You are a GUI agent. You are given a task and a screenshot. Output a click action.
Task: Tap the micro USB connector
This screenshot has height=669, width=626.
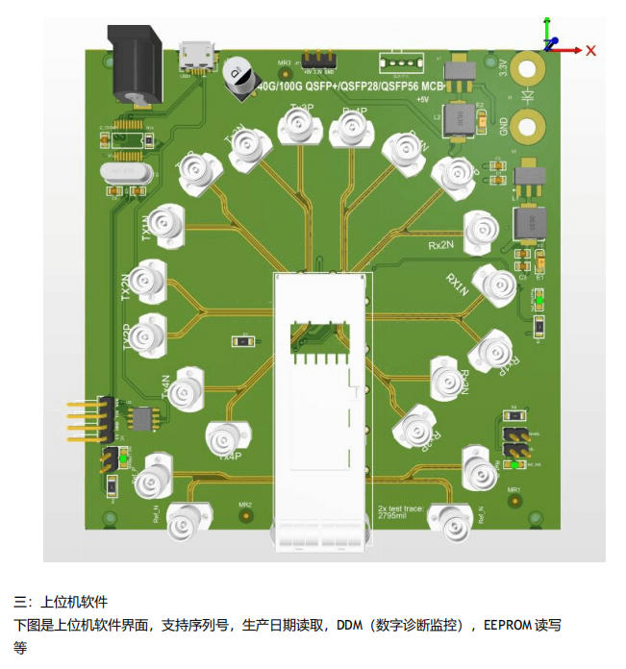[x=198, y=56]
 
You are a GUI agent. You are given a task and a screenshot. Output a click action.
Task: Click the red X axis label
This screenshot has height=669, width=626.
[x=591, y=50]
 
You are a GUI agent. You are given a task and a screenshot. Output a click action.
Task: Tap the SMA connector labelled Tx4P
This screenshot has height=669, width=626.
[x=226, y=437]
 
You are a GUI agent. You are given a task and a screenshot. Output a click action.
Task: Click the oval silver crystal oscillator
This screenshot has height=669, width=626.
[x=123, y=172]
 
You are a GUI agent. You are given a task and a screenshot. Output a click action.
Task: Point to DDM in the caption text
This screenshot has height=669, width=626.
[x=349, y=625]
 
